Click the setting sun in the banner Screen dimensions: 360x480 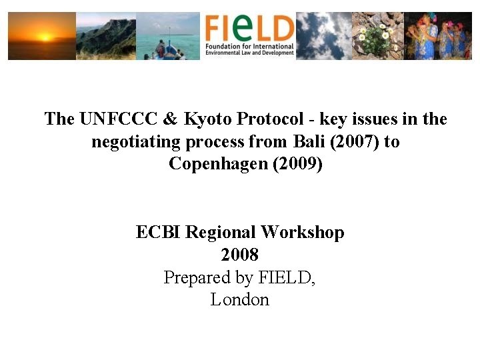pos(45,37)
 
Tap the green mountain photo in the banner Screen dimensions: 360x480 pos(106,36)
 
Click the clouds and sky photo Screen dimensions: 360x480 pos(323,35)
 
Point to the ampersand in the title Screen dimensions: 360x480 pos(170,119)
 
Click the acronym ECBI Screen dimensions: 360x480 pos(159,233)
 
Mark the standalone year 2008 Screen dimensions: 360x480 pos(239,255)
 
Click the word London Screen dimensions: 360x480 pos(239,300)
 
